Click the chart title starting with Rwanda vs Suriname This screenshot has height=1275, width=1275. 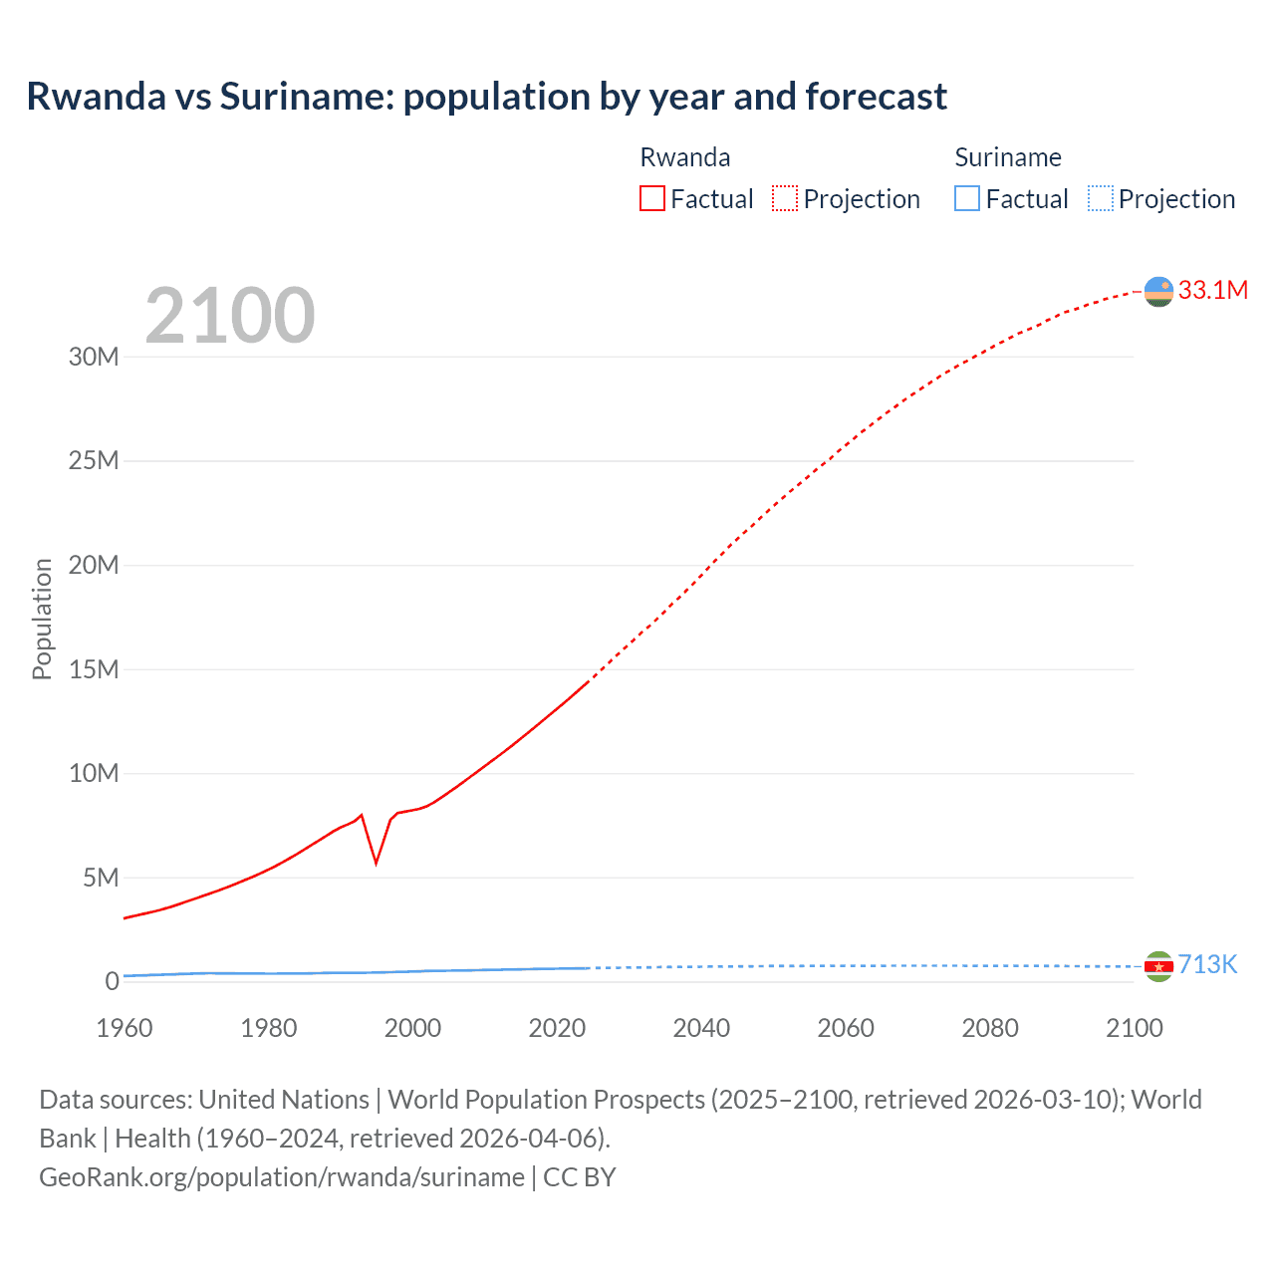[486, 97]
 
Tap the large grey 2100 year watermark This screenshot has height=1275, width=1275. [230, 316]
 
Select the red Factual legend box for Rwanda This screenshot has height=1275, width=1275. [651, 198]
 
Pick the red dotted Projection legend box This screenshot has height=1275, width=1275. [785, 198]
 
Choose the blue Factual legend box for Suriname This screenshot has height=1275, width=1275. [967, 198]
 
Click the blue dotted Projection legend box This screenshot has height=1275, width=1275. [1101, 198]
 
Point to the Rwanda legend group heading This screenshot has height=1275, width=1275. [684, 157]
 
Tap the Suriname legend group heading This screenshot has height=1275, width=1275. [1007, 157]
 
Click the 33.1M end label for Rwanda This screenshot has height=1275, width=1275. [1212, 290]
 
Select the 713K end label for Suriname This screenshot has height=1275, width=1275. [1207, 964]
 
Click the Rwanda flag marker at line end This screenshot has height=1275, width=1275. [1158, 291]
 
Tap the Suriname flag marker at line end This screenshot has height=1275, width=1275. [1158, 966]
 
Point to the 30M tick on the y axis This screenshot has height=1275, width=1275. [94, 357]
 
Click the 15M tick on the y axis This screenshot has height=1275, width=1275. [94, 669]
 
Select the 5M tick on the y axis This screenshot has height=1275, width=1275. [101, 878]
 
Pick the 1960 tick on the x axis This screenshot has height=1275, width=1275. [125, 1028]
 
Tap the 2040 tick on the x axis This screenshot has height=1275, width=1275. [701, 1028]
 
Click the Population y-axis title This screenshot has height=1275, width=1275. [42, 619]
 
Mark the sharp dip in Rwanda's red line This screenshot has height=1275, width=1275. [376, 862]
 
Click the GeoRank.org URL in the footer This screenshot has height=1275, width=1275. [281, 1177]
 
